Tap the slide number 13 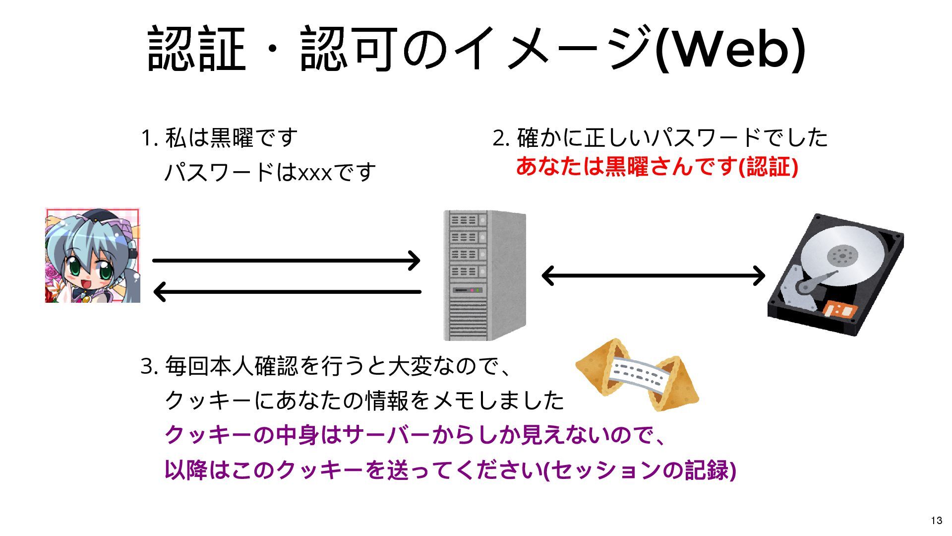(x=936, y=520)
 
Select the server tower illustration (x=484, y=275)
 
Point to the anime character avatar (x=93, y=255)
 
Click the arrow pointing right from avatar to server (x=286, y=260)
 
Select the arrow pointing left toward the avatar (x=286, y=292)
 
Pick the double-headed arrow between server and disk (x=653, y=275)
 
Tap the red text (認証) (x=768, y=167)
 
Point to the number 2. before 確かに (x=501, y=138)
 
